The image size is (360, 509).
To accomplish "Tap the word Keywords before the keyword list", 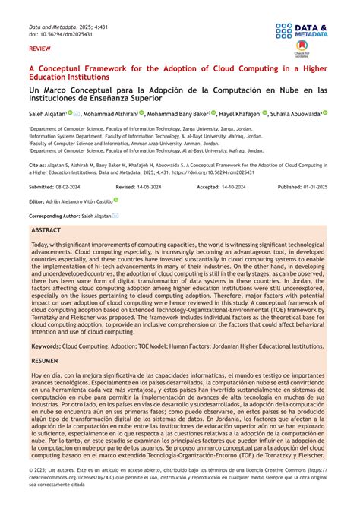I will pos(46,345).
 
